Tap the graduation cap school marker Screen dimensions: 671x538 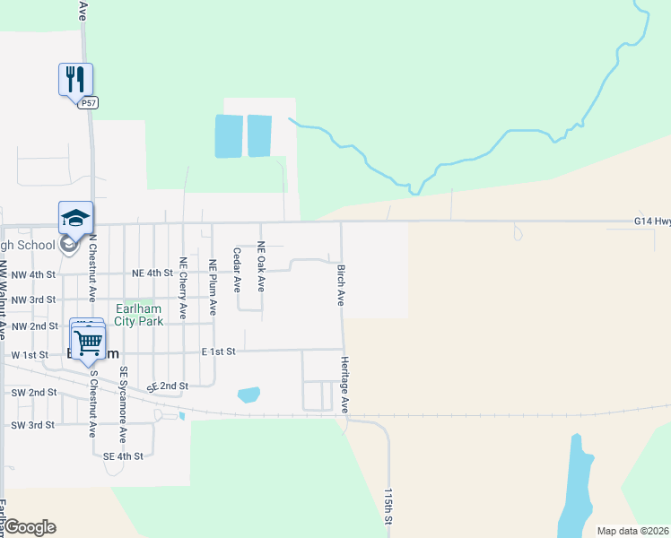pyautogui.click(x=75, y=217)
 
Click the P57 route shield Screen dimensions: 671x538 pyautogui.click(x=88, y=103)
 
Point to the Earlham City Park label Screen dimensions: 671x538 pyautogui.click(x=139, y=315)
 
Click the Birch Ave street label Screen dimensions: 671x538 pyautogui.click(x=341, y=285)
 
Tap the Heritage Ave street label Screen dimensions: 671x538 pyautogui.click(x=344, y=385)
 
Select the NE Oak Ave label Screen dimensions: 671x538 pyautogui.click(x=261, y=265)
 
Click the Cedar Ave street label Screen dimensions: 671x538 pyautogui.click(x=237, y=270)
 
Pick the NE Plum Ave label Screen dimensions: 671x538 pyautogui.click(x=213, y=287)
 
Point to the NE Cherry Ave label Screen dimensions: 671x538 pyautogui.click(x=183, y=288)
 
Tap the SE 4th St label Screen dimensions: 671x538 pyautogui.click(x=123, y=456)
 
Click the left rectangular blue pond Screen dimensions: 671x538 pyautogui.click(x=229, y=136)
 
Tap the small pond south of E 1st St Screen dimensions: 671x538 pyautogui.click(x=248, y=395)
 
